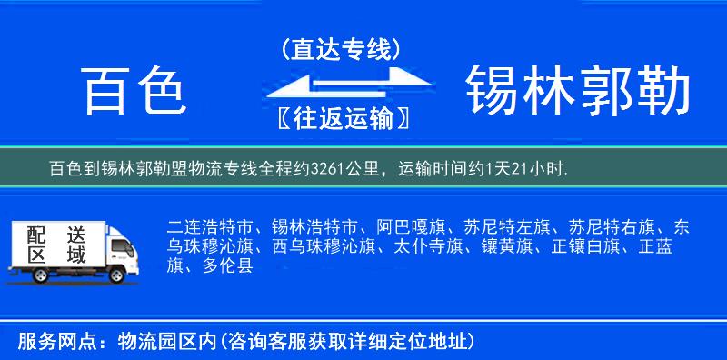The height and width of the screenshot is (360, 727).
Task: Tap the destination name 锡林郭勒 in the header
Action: coord(577,93)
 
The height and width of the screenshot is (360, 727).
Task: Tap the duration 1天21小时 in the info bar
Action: coord(524,169)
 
